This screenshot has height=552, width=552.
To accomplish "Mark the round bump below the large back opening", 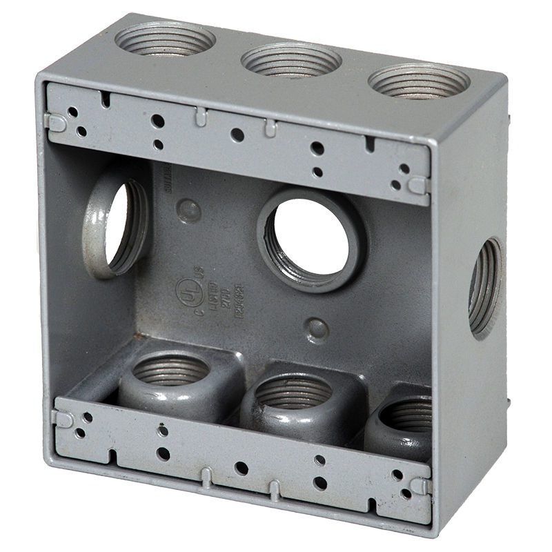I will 316,329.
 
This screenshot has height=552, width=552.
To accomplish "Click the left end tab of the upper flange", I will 56,122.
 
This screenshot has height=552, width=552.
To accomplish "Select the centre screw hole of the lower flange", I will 241,468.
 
